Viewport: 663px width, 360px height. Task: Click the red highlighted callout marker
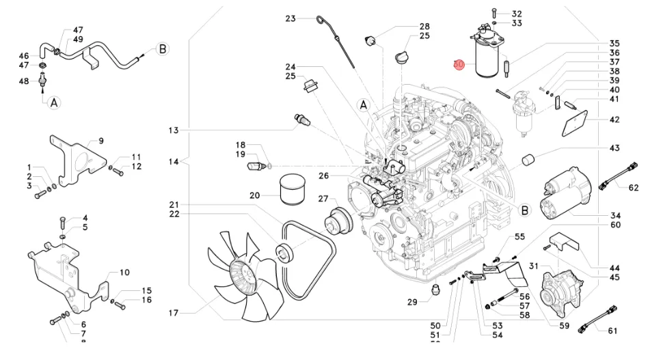click(459, 64)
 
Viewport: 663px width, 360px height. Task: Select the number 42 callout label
click(614, 120)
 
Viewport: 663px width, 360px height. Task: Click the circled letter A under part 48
click(53, 102)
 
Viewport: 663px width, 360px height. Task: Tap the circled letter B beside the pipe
click(163, 49)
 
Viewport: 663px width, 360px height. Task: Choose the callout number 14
click(173, 162)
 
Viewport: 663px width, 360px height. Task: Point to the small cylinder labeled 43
click(528, 161)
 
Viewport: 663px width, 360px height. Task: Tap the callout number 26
click(323, 176)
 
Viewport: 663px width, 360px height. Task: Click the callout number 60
click(614, 225)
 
